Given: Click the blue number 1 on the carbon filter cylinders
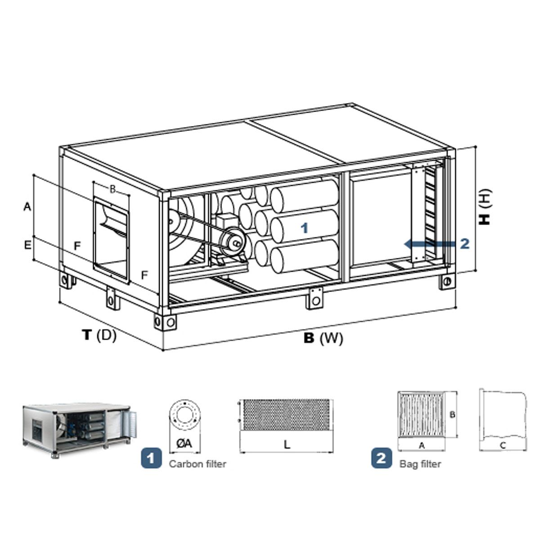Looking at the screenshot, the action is click(304, 228).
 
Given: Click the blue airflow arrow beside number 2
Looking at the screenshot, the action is click(429, 244).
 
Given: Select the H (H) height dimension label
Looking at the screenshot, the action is click(485, 207).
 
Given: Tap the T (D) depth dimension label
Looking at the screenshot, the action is click(99, 335).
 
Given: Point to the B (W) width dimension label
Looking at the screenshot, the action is click(323, 338).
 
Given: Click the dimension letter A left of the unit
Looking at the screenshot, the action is click(27, 207).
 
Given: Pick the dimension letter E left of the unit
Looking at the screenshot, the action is click(27, 246).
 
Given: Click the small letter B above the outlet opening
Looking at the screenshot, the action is click(112, 189).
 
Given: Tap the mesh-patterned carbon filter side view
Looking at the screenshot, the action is click(286, 415).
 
